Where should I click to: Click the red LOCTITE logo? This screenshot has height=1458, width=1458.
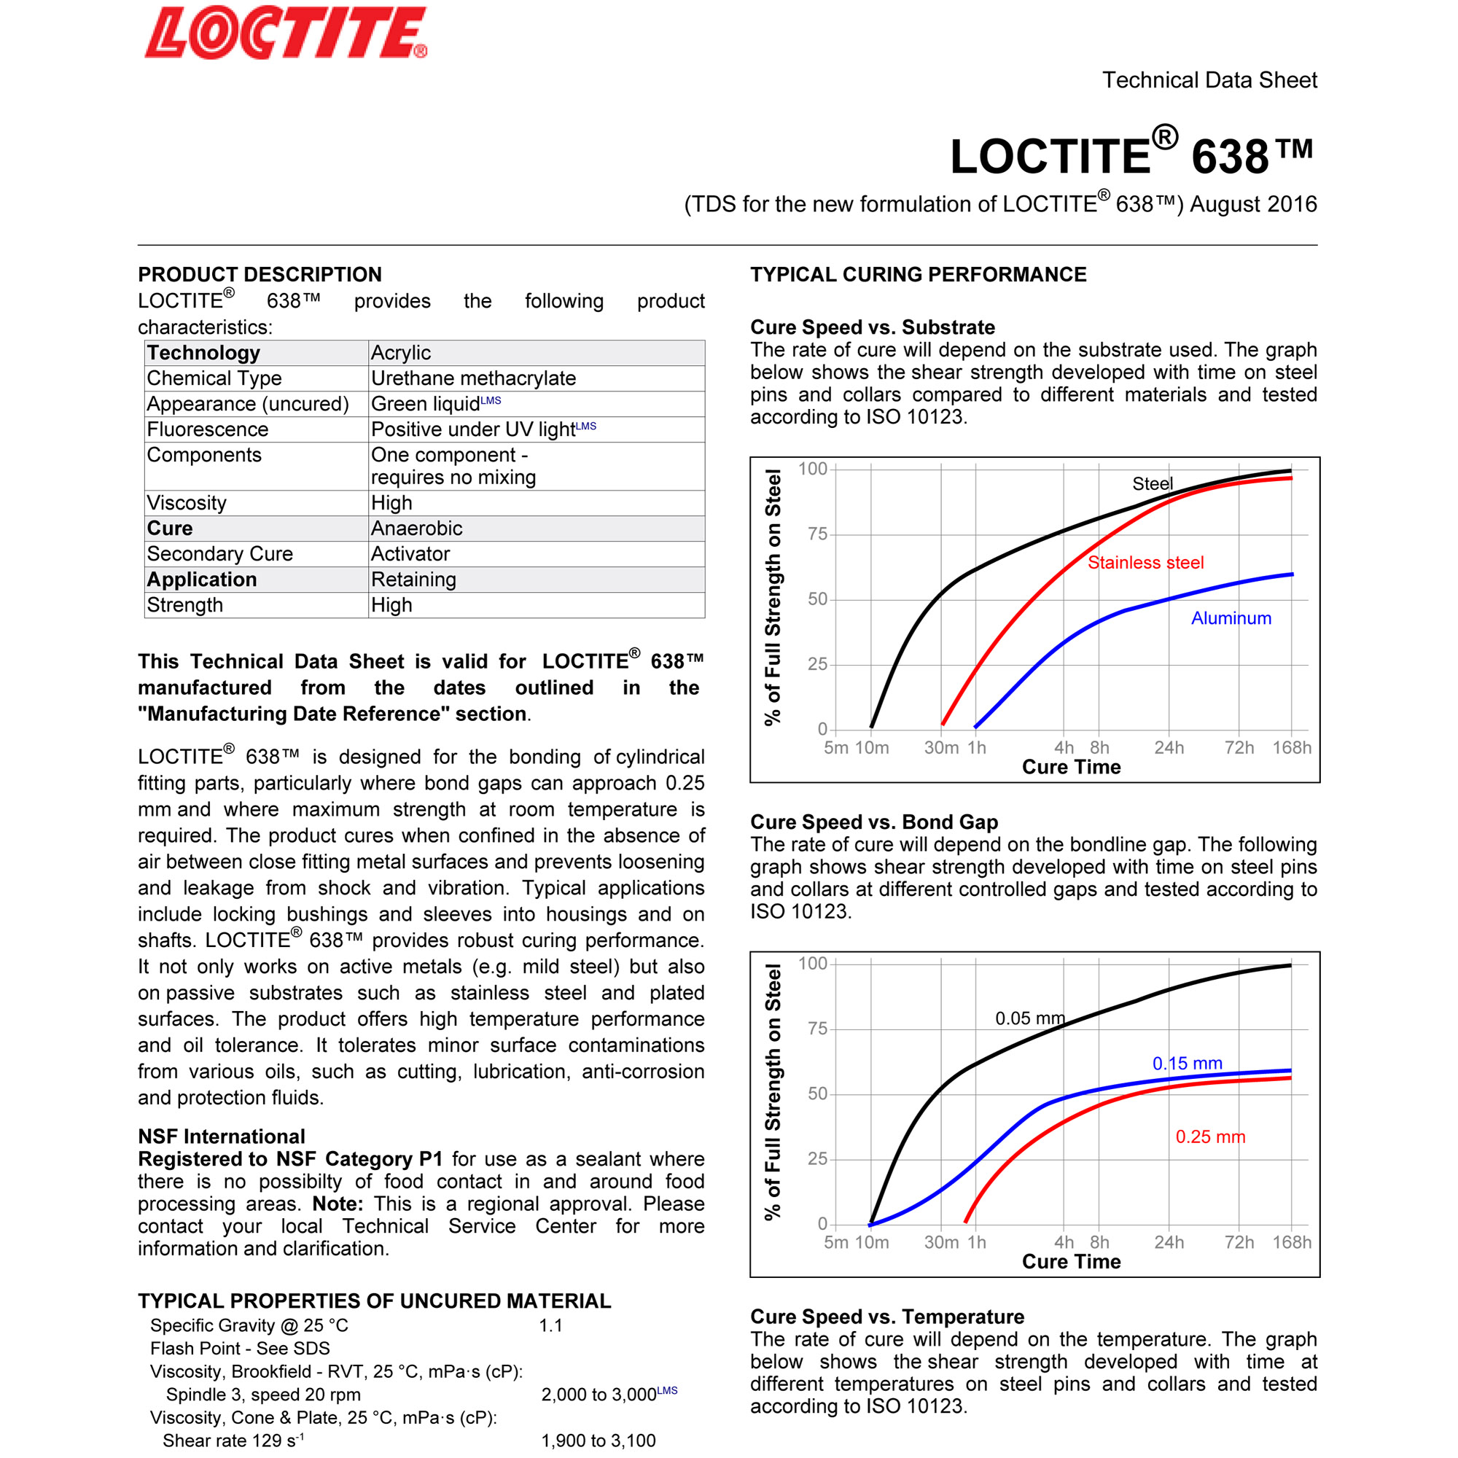(285, 34)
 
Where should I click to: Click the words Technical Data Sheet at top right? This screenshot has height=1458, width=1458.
(1209, 80)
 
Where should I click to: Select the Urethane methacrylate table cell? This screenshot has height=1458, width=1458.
(473, 378)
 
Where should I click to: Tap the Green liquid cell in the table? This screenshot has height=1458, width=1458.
(425, 404)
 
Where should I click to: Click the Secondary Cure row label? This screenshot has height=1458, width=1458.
(219, 554)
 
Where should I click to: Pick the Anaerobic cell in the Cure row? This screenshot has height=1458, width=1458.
(416, 529)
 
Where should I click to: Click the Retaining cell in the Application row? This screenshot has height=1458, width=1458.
(413, 580)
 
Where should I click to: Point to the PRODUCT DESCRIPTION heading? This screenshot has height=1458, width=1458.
(260, 275)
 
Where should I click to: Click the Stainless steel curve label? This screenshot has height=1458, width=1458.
(1145, 562)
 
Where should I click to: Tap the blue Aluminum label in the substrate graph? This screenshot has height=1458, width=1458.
(1231, 618)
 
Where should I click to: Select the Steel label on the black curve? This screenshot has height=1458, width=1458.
(1152, 484)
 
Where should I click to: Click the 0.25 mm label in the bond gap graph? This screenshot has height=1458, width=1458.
(1209, 1137)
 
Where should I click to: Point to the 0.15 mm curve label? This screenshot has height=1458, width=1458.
(1186, 1064)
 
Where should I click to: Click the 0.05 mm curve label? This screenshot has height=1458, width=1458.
(1029, 1018)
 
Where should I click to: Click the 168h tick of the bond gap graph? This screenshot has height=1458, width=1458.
(1291, 1242)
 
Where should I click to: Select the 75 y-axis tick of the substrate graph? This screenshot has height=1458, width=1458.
(817, 534)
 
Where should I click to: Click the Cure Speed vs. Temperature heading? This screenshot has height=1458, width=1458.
(886, 1317)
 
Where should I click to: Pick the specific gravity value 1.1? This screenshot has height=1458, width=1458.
(550, 1326)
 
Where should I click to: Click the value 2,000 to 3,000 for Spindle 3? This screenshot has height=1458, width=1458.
(599, 1395)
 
